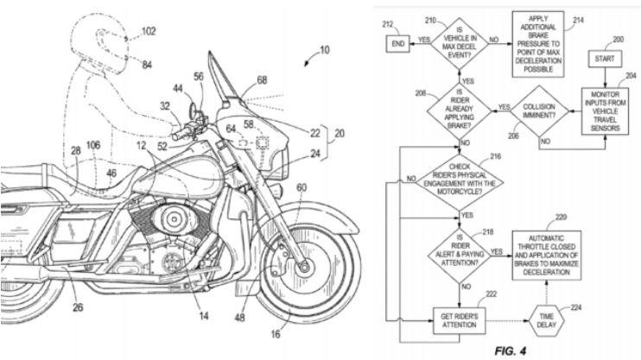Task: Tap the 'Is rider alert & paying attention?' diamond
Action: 460,251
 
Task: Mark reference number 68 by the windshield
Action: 262,80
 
